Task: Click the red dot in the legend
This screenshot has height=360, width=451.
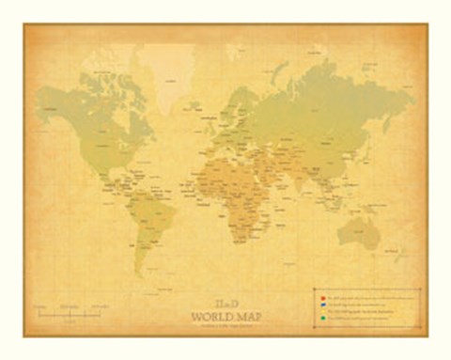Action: pos(321,296)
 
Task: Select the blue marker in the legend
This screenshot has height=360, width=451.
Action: pos(321,304)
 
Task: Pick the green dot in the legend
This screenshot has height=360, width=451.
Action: pos(321,319)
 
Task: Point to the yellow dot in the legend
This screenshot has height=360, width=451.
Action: pos(321,311)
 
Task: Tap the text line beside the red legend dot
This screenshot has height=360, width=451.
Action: pos(366,296)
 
